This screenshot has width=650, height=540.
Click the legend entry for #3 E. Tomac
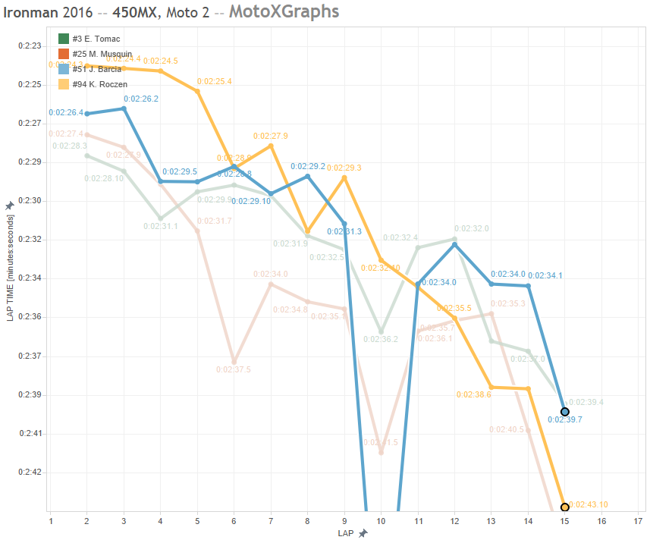pyautogui.click(x=96, y=39)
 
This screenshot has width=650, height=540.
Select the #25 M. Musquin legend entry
pyautogui.click(x=102, y=54)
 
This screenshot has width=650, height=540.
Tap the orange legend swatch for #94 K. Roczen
pyautogui.click(x=64, y=84)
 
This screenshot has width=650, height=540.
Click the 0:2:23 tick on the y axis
pyautogui.click(x=29, y=46)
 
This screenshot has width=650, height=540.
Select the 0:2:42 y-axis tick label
pyautogui.click(x=29, y=472)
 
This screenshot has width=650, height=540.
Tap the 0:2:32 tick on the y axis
pyautogui.click(x=29, y=240)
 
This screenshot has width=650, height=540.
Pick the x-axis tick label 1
pyautogui.click(x=50, y=521)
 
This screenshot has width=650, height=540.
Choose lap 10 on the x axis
pyautogui.click(x=381, y=521)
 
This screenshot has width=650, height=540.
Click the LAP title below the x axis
pyautogui.click(x=346, y=533)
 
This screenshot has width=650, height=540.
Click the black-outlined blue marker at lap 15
pyautogui.click(x=565, y=412)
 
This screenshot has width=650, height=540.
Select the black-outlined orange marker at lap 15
pyautogui.click(x=565, y=507)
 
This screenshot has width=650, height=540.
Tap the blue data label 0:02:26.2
pyautogui.click(x=141, y=99)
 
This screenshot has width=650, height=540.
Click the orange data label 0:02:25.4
pyautogui.click(x=215, y=81)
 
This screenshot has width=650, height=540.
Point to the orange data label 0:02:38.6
pyautogui.click(x=474, y=394)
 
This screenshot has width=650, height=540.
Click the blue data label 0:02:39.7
pyautogui.click(x=565, y=419)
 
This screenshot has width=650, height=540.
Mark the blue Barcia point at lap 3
pyautogui.click(x=124, y=108)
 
